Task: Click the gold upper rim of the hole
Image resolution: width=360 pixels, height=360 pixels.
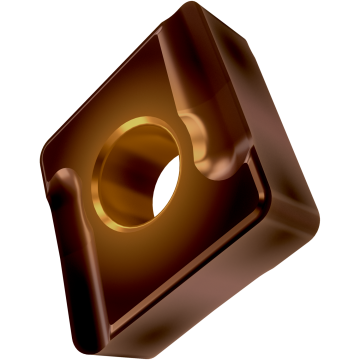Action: point(140,124)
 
